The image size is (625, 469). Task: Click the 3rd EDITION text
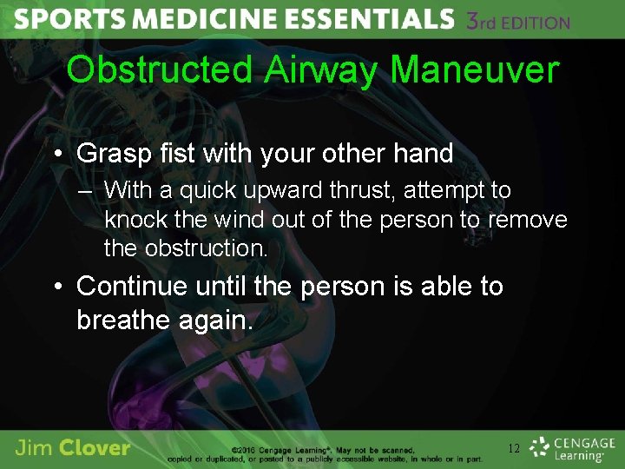click(517, 22)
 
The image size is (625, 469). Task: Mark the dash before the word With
click(87, 191)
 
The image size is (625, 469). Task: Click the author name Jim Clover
click(73, 448)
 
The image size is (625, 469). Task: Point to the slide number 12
click(514, 448)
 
